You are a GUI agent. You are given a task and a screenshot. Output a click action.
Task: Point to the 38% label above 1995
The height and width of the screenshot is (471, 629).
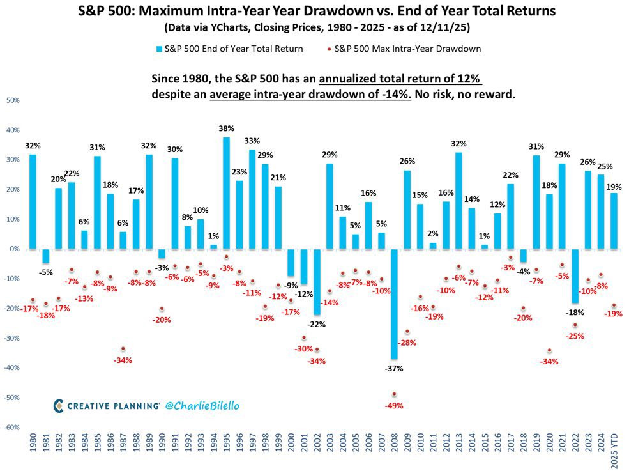tap(226, 128)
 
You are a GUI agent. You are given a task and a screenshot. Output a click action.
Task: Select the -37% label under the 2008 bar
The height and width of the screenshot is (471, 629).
tap(394, 368)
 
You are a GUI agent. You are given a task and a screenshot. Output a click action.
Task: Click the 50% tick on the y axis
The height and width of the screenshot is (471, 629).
tap(12, 100)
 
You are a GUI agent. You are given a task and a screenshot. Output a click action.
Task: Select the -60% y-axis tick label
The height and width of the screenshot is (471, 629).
tap(12, 428)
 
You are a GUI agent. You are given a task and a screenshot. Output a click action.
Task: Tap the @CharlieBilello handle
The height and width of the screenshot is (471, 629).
tap(202, 405)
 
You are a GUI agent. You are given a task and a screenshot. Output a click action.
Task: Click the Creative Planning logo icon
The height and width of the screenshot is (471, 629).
tap(59, 405)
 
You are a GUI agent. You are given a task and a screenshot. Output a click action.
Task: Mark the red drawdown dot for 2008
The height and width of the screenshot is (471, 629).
tap(394, 394)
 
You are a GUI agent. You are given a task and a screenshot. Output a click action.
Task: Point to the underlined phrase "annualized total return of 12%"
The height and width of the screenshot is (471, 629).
tap(400, 79)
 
